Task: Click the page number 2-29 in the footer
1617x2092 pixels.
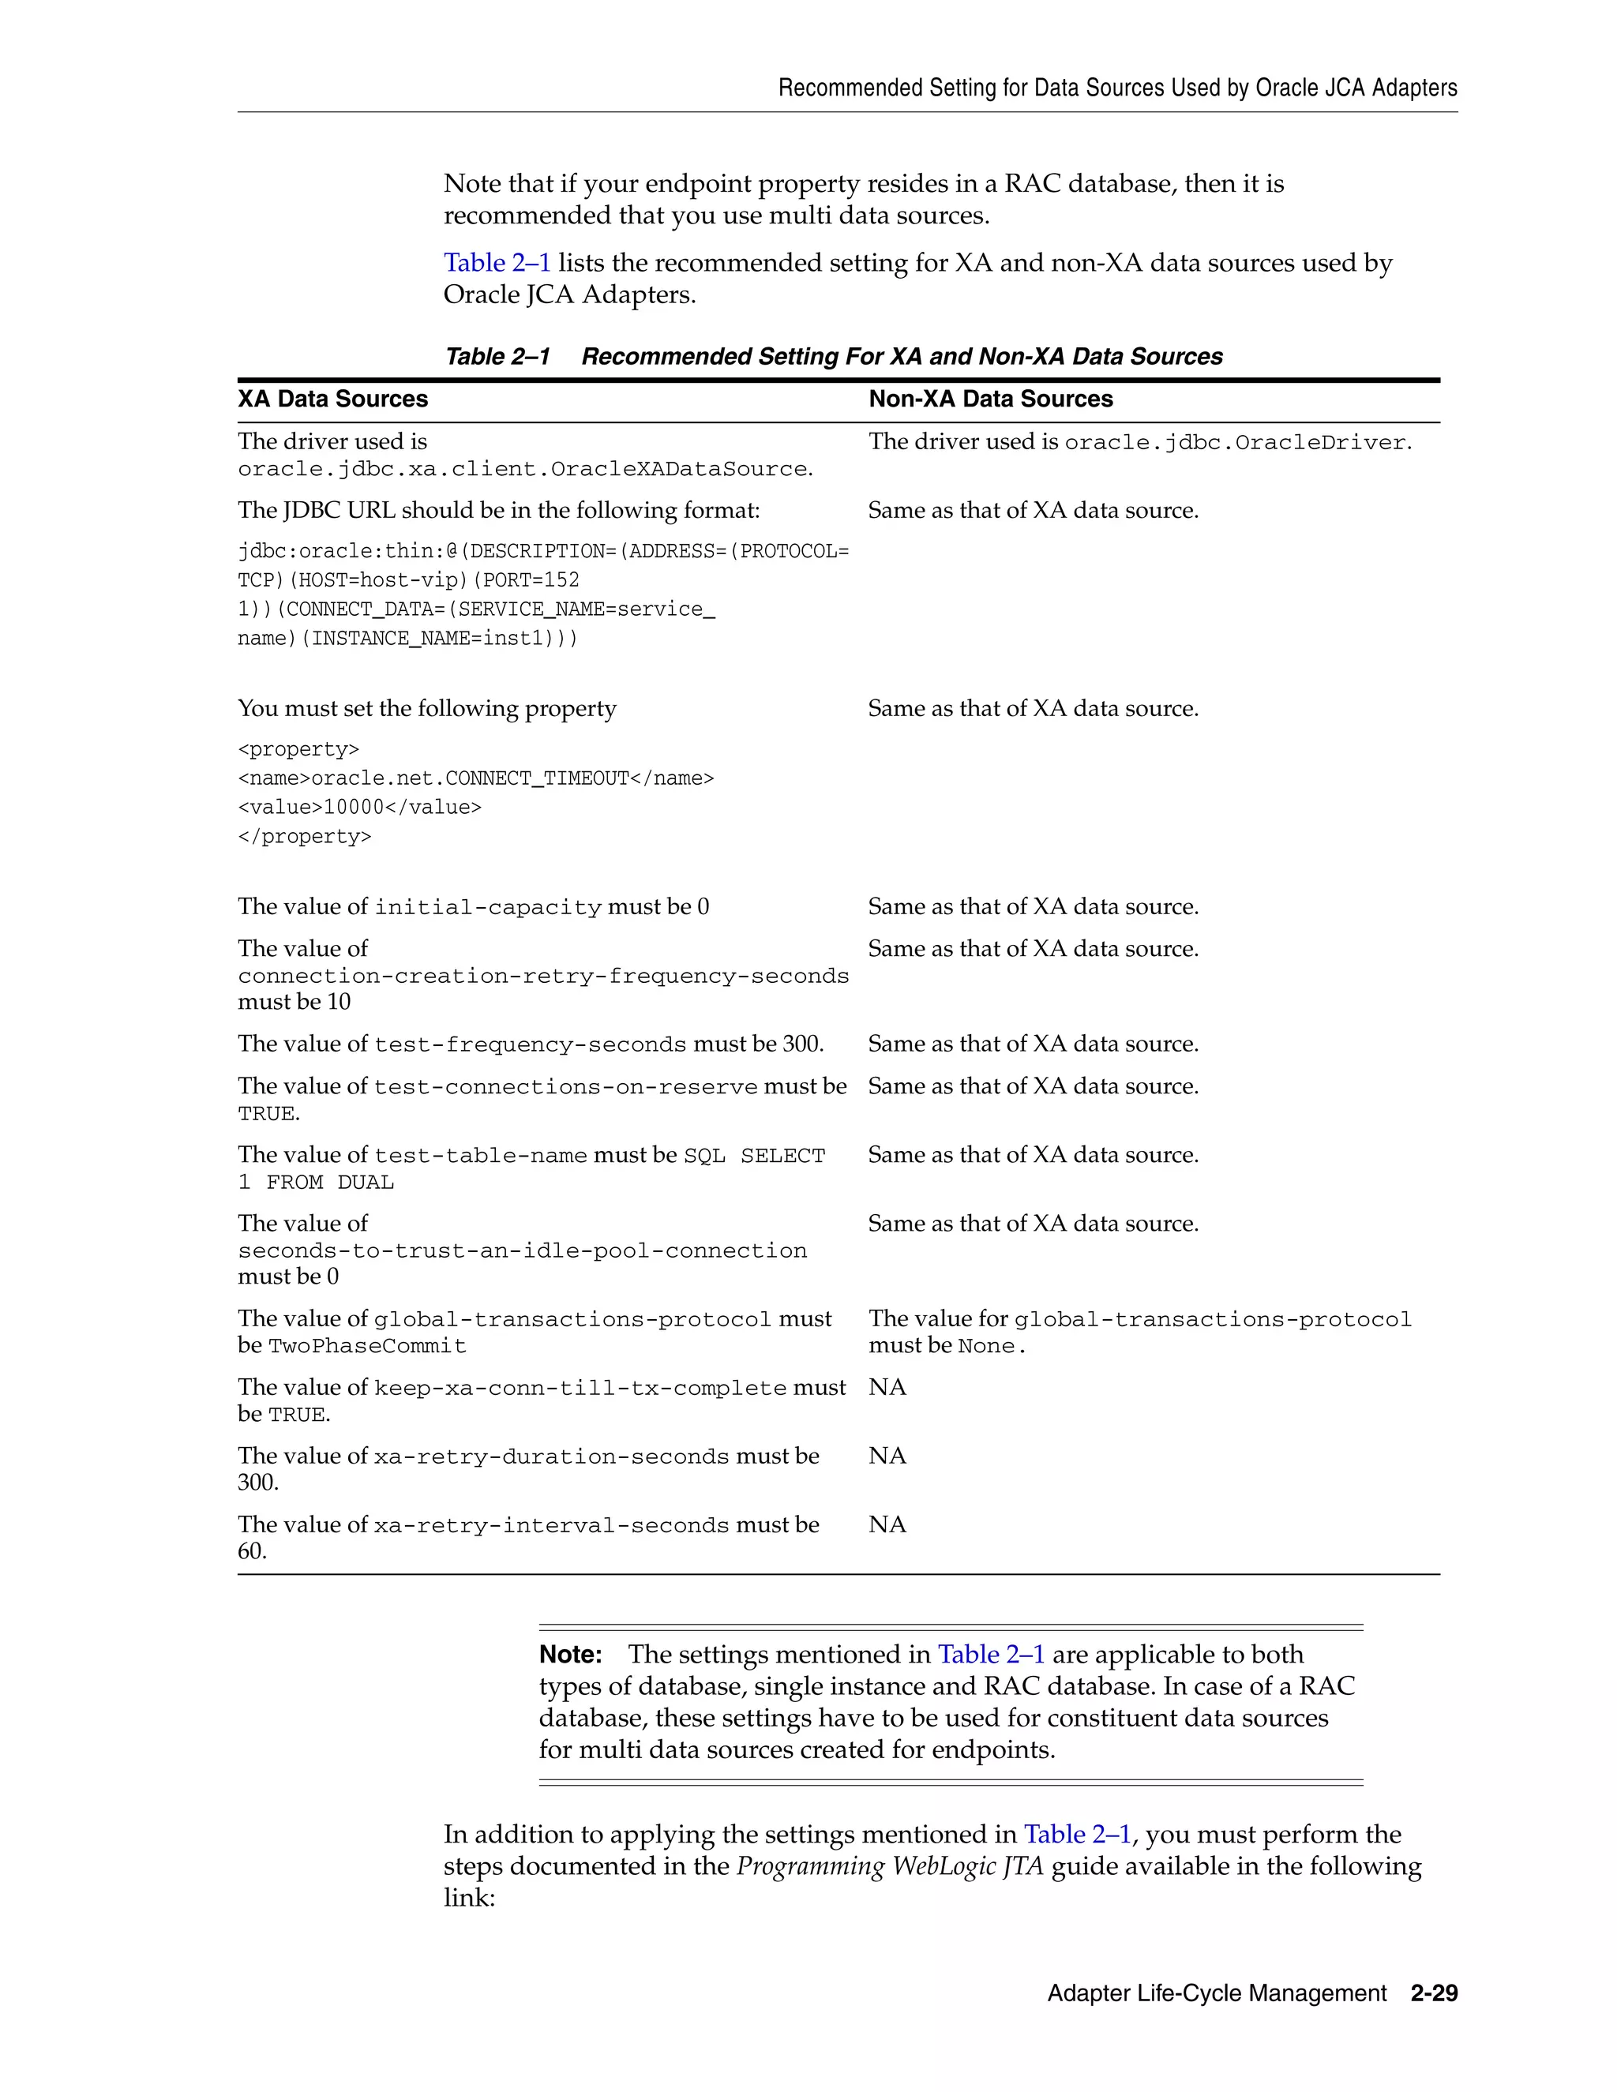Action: pos(1433,1993)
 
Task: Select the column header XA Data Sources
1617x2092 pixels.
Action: pos(332,399)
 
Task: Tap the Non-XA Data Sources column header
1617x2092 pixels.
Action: pos(991,399)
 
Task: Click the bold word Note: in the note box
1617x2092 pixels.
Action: pos(571,1654)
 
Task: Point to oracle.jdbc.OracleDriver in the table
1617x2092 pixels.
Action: pos(1235,443)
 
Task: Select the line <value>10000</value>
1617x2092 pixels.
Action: pos(359,808)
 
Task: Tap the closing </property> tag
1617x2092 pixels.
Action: pos(304,836)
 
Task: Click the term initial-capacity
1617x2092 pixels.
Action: pos(488,907)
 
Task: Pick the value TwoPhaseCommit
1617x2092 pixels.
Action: pos(368,1346)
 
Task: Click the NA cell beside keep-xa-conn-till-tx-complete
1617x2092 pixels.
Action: pos(887,1387)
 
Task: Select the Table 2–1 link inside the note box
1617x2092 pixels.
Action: pos(991,1654)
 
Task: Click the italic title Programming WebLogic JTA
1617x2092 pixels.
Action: pos(889,1866)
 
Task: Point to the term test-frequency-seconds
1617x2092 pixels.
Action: pos(530,1044)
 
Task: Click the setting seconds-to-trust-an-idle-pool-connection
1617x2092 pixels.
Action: pos(522,1251)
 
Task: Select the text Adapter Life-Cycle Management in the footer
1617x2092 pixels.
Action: pos(1217,1993)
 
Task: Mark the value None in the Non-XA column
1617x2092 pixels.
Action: pos(987,1346)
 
